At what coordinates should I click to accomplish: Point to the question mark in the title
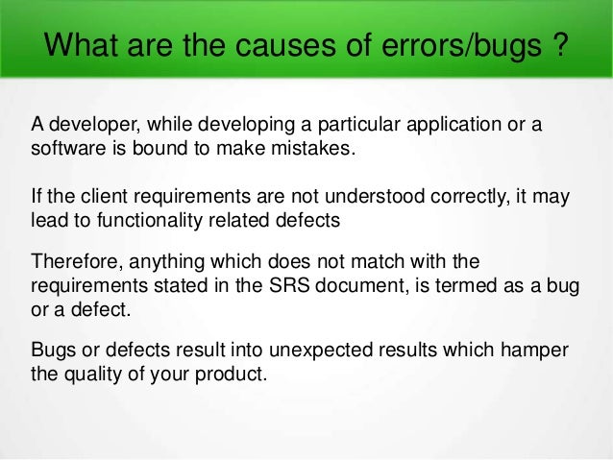556,45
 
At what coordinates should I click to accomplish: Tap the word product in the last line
230,374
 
